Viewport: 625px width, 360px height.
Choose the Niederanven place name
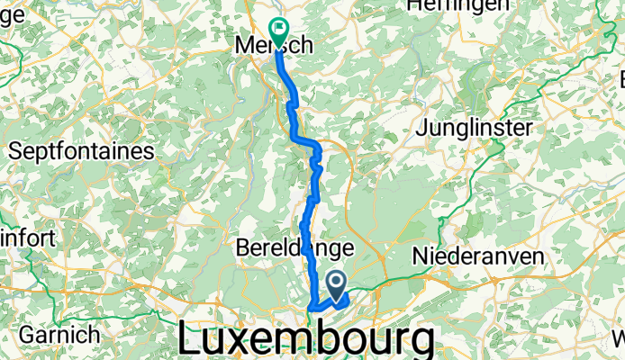pyautogui.click(x=479, y=256)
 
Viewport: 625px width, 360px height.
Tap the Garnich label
pyautogui.click(x=59, y=335)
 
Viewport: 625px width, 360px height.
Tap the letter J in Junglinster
pyautogui.click(x=421, y=130)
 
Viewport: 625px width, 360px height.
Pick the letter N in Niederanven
pyautogui.click(x=421, y=256)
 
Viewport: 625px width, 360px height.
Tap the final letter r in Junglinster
pyautogui.click(x=529, y=130)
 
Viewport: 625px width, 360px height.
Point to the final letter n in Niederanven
pyautogui.click(x=539, y=256)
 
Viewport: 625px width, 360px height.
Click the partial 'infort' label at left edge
pyautogui.click(x=28, y=239)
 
